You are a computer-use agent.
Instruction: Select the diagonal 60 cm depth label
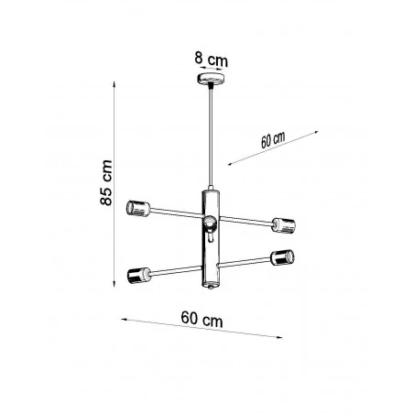[x=273, y=140]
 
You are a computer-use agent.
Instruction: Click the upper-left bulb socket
[x=139, y=206]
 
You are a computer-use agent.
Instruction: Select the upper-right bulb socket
[x=282, y=223]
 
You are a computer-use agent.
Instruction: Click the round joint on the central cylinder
[x=210, y=223]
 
